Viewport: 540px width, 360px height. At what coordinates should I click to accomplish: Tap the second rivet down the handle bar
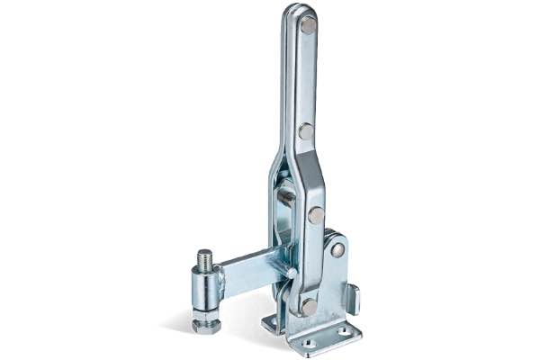point(307,131)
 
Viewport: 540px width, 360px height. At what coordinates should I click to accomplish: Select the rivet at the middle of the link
point(316,215)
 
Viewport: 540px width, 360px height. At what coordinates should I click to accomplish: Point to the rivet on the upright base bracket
point(337,249)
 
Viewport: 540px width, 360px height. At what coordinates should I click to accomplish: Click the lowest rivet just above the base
point(309,306)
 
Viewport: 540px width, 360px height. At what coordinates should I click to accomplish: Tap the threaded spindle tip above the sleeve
point(205,258)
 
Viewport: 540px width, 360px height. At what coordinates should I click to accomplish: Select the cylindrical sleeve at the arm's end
point(205,287)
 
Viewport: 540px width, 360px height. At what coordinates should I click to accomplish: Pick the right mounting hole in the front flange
point(341,332)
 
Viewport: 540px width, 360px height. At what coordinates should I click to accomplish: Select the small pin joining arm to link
point(290,272)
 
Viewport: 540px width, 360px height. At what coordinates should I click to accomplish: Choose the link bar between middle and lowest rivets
point(312,261)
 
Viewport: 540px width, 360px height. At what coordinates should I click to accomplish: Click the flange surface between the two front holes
point(326,337)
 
